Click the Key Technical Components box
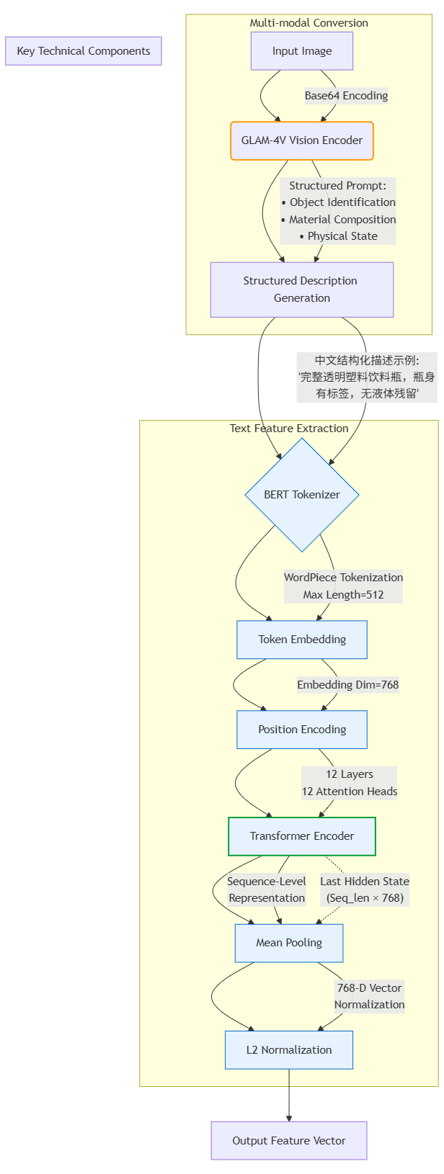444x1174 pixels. [84, 51]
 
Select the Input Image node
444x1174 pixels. [302, 51]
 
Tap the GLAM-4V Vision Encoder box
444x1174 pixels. [302, 140]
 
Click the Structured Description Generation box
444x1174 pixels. [302, 290]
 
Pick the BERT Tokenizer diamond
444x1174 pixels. [302, 495]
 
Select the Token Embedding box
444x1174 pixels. [302, 640]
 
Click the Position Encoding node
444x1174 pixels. [302, 730]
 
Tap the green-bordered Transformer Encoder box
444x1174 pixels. [302, 836]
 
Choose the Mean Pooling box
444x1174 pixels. [289, 943]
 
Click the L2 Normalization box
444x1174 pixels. [289, 1050]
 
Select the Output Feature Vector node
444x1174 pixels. [289, 1141]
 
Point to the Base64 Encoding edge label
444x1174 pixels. [346, 96]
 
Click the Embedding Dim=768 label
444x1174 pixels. [348, 685]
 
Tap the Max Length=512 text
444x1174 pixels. [343, 595]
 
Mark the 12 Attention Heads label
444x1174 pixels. [350, 792]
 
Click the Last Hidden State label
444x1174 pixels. [365, 882]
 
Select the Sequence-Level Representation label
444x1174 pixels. [267, 890]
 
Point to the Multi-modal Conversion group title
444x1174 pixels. [308, 23]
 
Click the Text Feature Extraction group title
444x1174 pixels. [289, 429]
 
